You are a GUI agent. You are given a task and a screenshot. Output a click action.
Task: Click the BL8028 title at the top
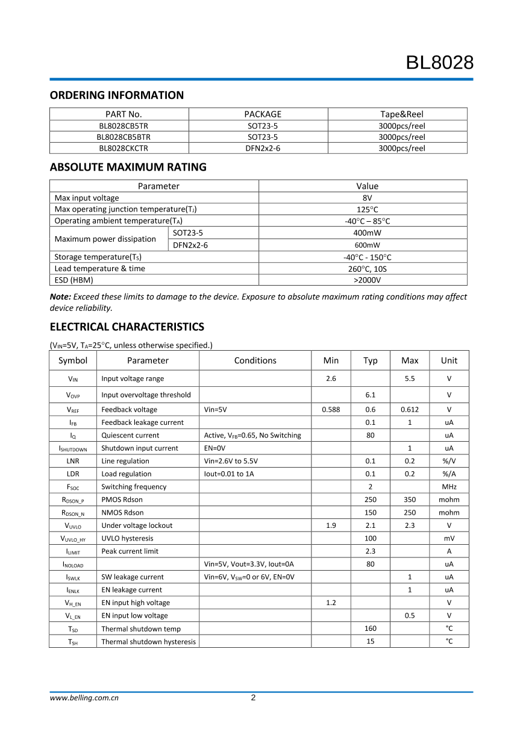439,63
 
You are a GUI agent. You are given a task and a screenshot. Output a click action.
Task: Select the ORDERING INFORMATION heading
116,95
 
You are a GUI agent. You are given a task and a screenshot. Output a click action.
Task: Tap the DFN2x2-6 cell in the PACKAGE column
263,148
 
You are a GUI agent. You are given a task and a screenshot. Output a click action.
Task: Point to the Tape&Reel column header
402,114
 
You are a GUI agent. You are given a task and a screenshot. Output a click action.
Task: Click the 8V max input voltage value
367,198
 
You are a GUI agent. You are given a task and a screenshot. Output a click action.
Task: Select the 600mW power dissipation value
367,245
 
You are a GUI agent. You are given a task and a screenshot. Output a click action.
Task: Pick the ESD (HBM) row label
74,280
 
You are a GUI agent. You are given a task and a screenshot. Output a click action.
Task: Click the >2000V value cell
367,280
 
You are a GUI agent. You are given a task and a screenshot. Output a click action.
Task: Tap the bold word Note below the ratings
60,296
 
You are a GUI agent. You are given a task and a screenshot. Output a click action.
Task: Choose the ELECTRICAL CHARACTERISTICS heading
127,327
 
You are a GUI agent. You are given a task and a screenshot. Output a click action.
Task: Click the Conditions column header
255,360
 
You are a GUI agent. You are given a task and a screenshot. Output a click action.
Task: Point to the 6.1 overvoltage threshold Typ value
370,395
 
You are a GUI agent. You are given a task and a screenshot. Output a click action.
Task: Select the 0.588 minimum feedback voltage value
331,410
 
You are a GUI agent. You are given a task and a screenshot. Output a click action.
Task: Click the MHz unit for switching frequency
449,487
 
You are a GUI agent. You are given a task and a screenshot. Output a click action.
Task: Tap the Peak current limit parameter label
130,551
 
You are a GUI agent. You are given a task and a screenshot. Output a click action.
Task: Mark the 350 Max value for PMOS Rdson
410,500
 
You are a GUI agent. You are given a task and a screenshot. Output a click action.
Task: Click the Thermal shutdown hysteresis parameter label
148,642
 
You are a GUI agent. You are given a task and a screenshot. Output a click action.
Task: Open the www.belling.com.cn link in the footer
84,698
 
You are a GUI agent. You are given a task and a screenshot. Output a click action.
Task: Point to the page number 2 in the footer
253,698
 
